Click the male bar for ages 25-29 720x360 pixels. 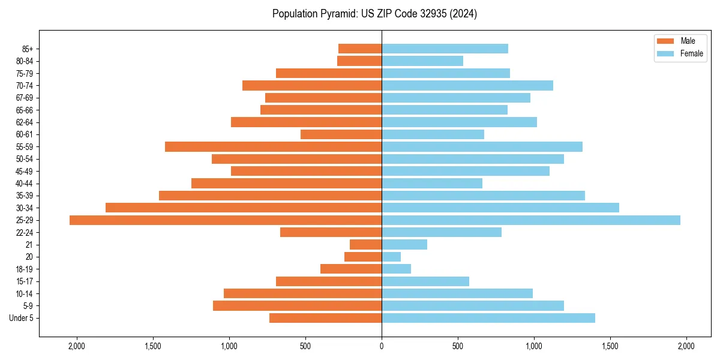coord(225,220)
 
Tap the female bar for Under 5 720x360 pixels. coord(488,318)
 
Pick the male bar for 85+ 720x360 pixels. coord(360,49)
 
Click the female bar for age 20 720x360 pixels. coord(391,257)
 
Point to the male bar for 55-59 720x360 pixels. coord(273,146)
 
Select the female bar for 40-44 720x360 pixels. coord(432,183)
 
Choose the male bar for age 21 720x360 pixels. coord(366,245)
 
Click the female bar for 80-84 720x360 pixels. coord(422,61)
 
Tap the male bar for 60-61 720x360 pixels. coord(341,134)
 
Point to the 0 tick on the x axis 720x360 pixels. coord(382,346)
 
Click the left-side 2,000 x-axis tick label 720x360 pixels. coord(77,346)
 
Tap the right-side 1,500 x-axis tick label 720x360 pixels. coord(610,346)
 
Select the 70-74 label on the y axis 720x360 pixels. coord(24,86)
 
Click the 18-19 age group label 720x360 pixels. coord(24,269)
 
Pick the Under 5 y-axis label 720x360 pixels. coord(21,318)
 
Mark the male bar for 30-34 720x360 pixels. coord(243,208)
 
